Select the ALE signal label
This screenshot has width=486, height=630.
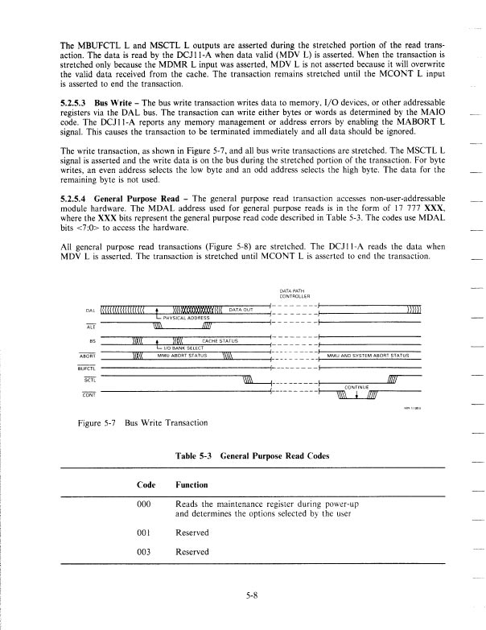[x=89, y=326]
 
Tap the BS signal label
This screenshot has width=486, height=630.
[x=92, y=341]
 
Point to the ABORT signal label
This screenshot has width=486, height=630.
[x=89, y=354]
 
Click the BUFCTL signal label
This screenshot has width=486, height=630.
[x=87, y=367]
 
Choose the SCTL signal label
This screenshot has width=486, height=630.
[x=89, y=380]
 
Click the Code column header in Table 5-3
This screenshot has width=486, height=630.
[x=146, y=485]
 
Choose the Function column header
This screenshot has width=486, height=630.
[x=192, y=485]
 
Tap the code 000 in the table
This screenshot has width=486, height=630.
[x=146, y=504]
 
